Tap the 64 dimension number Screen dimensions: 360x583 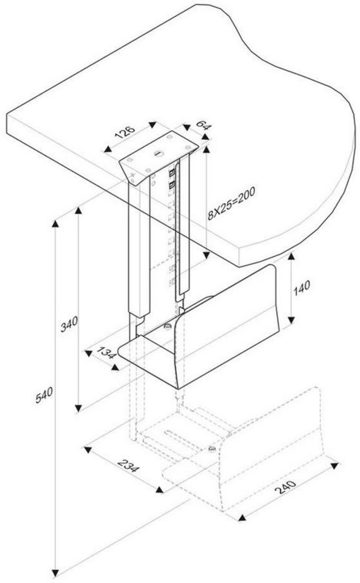203,125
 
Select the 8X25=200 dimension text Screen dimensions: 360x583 231,203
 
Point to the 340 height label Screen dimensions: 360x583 69,324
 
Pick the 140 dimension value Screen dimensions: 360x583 301,289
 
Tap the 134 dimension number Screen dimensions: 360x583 106,352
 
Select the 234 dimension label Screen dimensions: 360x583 129,466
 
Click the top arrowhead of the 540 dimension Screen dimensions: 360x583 55,224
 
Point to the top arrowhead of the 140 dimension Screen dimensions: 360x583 291,257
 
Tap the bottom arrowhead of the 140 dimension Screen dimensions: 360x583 291,319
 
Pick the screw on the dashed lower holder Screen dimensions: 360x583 212,448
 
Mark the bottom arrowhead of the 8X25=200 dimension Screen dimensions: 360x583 206,255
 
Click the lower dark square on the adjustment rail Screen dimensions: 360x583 172,185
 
